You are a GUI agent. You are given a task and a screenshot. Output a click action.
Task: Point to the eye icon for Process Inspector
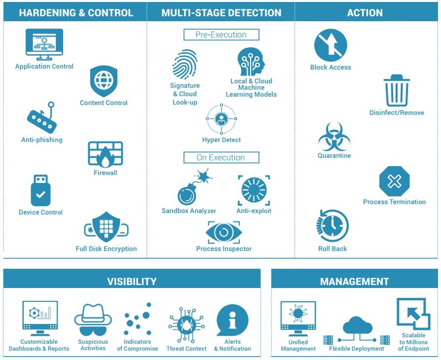pos(223,232)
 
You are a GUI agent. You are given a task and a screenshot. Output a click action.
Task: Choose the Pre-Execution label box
pos(221,35)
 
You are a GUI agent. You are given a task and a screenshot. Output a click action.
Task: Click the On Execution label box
pos(221,158)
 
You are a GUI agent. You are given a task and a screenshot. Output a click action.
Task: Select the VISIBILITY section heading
pos(132,282)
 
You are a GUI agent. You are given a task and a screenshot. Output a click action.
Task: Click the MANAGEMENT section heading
pos(354,282)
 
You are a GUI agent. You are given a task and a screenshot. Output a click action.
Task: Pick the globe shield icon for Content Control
pos(104,81)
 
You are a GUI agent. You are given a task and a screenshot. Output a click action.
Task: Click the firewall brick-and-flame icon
pos(105,154)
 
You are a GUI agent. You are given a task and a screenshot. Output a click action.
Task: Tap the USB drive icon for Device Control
pos(40,190)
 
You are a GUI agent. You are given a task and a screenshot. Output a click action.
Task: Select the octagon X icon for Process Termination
pos(394,181)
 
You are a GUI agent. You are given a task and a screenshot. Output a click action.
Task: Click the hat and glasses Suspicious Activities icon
pos(93,320)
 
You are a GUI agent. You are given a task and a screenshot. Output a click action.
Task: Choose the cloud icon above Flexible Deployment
pos(357,326)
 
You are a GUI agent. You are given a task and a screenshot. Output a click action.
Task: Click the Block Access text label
pos(331,68)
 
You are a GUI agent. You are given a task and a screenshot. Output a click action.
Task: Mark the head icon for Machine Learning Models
pos(251,62)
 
